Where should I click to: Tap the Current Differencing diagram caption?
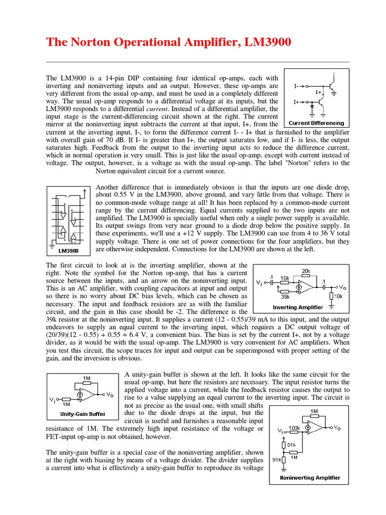pyautogui.click(x=317, y=123)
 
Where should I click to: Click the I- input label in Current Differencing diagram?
pyautogui.click(x=298, y=86)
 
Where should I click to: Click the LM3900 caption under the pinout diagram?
pyautogui.click(x=68, y=250)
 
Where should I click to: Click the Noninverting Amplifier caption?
pyautogui.click(x=310, y=478)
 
